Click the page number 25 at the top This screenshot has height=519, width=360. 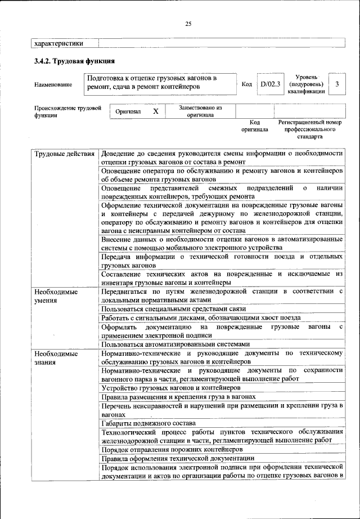[x=188, y=23]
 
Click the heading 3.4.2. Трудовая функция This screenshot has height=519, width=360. [x=74, y=60]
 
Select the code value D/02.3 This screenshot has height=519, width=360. [x=270, y=84]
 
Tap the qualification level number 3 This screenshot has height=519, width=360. [x=336, y=84]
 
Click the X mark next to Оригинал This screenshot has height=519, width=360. [x=156, y=111]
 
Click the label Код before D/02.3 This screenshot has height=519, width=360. [x=246, y=84]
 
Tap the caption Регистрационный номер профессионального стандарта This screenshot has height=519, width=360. [x=309, y=129]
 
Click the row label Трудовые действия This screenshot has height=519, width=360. [x=64, y=154]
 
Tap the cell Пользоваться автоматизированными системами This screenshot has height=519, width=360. [x=175, y=344]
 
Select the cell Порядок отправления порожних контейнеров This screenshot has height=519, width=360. [x=172, y=450]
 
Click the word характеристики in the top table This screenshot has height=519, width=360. [x=59, y=43]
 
